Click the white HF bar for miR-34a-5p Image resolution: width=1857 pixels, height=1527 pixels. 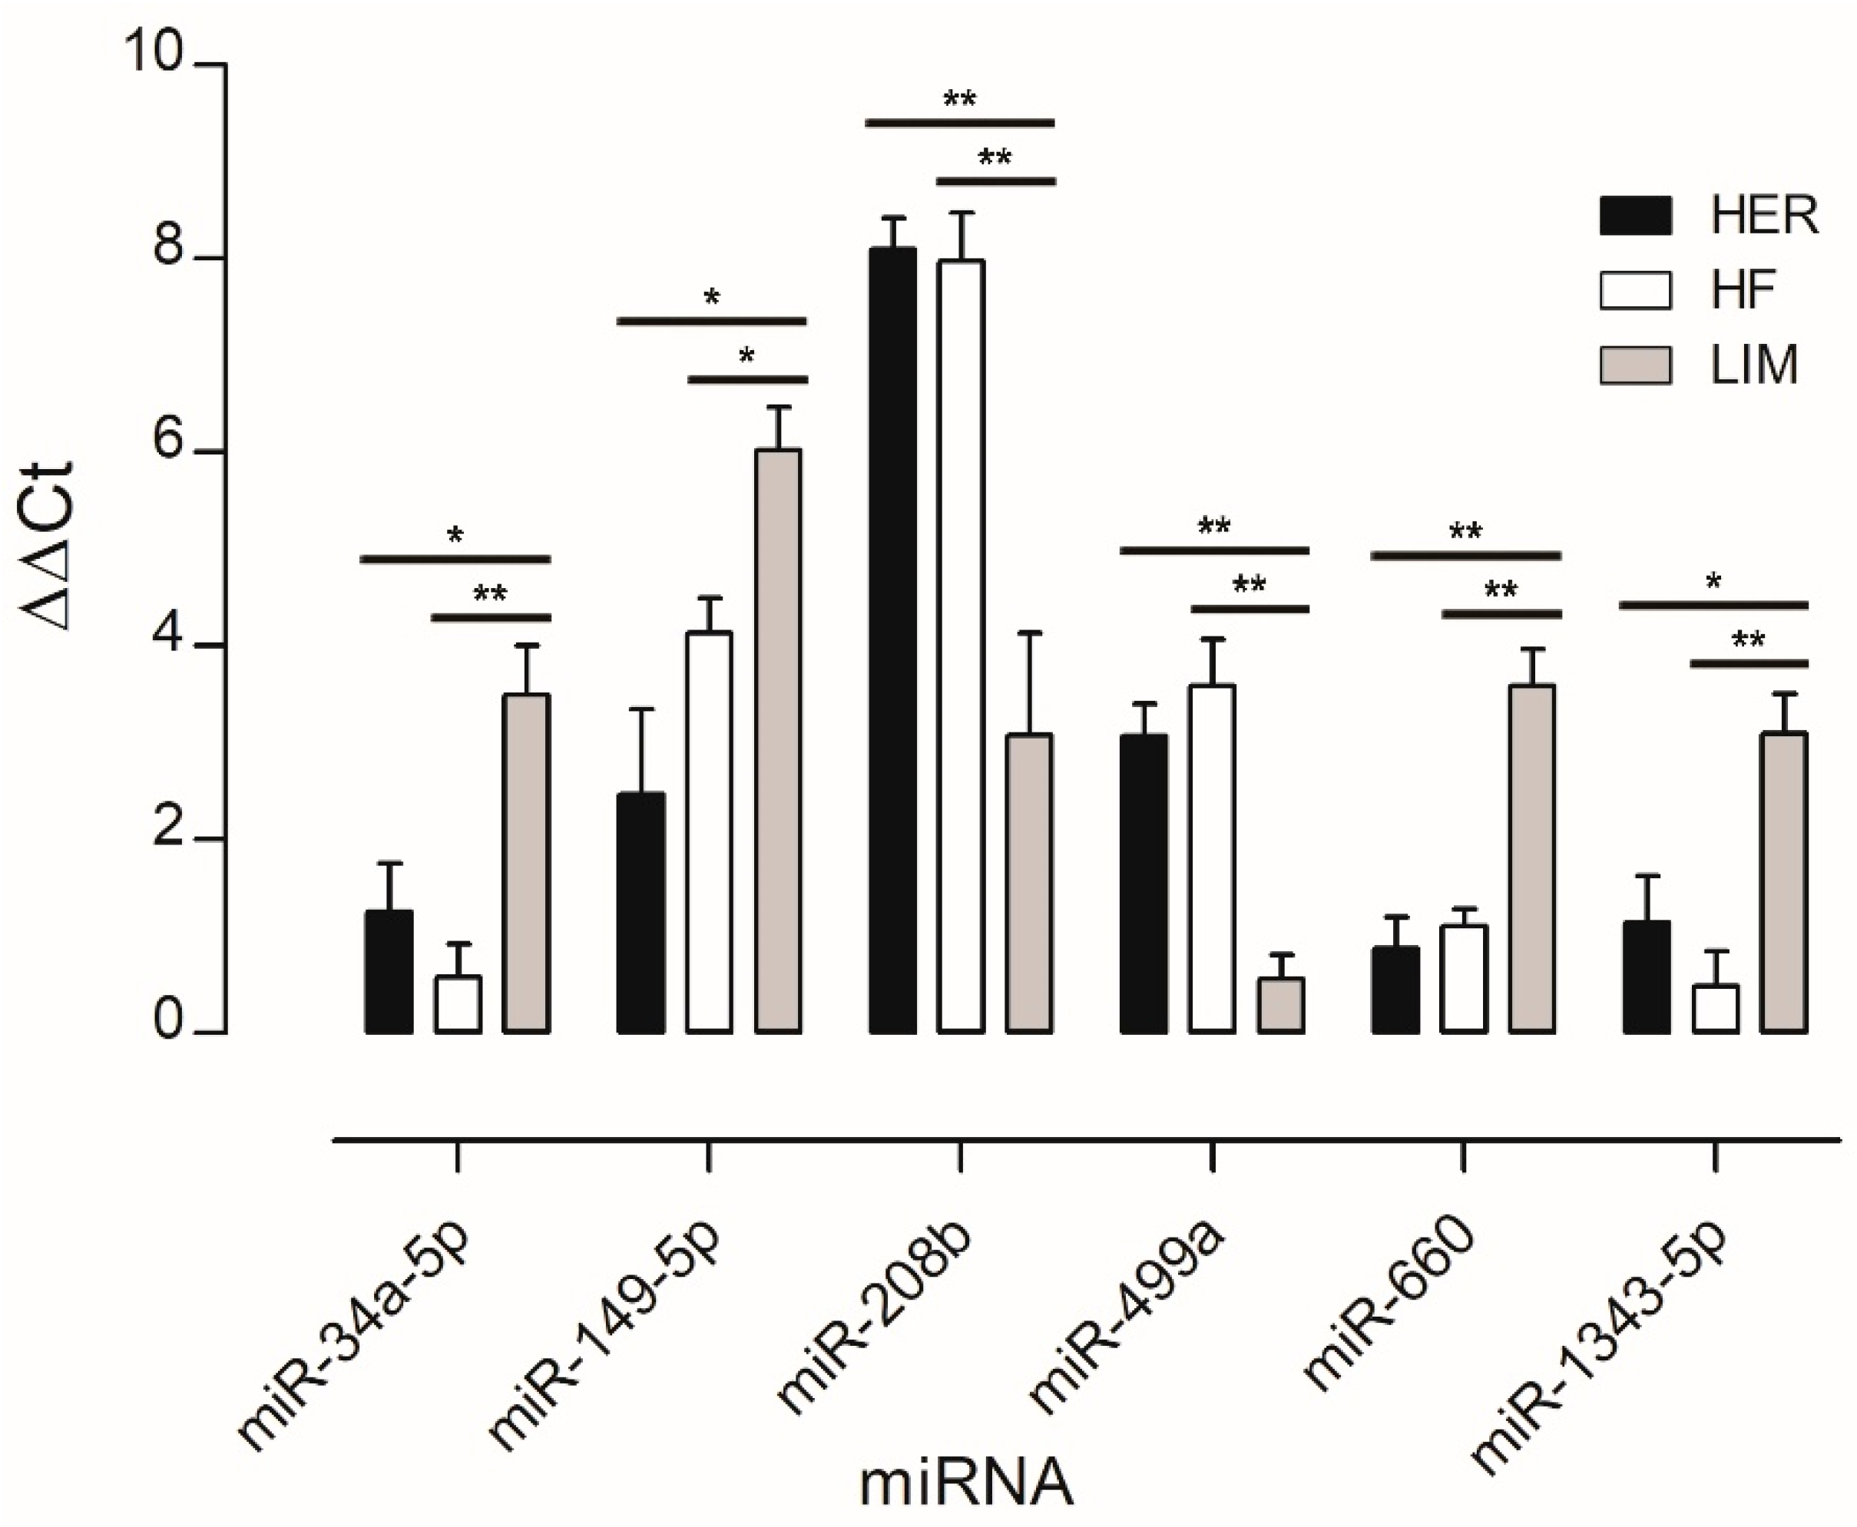point(458,1003)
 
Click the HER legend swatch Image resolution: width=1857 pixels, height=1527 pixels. point(1634,216)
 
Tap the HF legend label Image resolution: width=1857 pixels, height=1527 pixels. point(1743,289)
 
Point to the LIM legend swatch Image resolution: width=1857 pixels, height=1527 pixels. point(1634,365)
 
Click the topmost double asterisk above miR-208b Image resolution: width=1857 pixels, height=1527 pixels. point(959,99)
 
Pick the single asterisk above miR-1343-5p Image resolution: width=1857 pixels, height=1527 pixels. point(1713,581)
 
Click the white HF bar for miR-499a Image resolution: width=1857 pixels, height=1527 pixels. point(1211,858)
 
